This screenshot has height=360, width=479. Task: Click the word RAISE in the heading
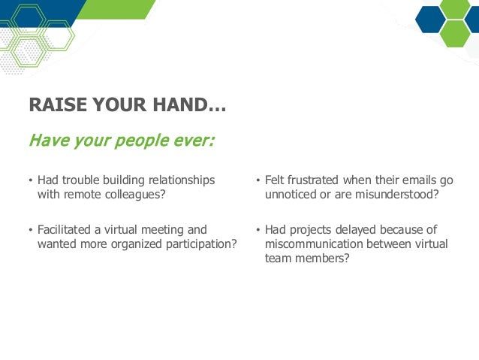[x=58, y=104]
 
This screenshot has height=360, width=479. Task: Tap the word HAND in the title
[x=180, y=104]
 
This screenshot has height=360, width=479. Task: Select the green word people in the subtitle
[x=142, y=141]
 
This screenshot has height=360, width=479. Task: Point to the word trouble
[x=81, y=180]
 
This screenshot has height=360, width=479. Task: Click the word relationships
[x=182, y=180]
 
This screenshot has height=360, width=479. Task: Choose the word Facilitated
[x=64, y=229]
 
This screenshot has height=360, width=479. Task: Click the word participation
[x=201, y=244]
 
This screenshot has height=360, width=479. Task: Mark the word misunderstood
[x=397, y=194]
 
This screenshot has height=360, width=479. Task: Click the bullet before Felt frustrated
[x=258, y=180]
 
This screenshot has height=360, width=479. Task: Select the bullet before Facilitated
[x=30, y=230]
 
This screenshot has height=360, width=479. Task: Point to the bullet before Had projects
[x=258, y=230]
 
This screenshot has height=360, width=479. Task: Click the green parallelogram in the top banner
[x=116, y=10]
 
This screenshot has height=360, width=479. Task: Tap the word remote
[x=82, y=194]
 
